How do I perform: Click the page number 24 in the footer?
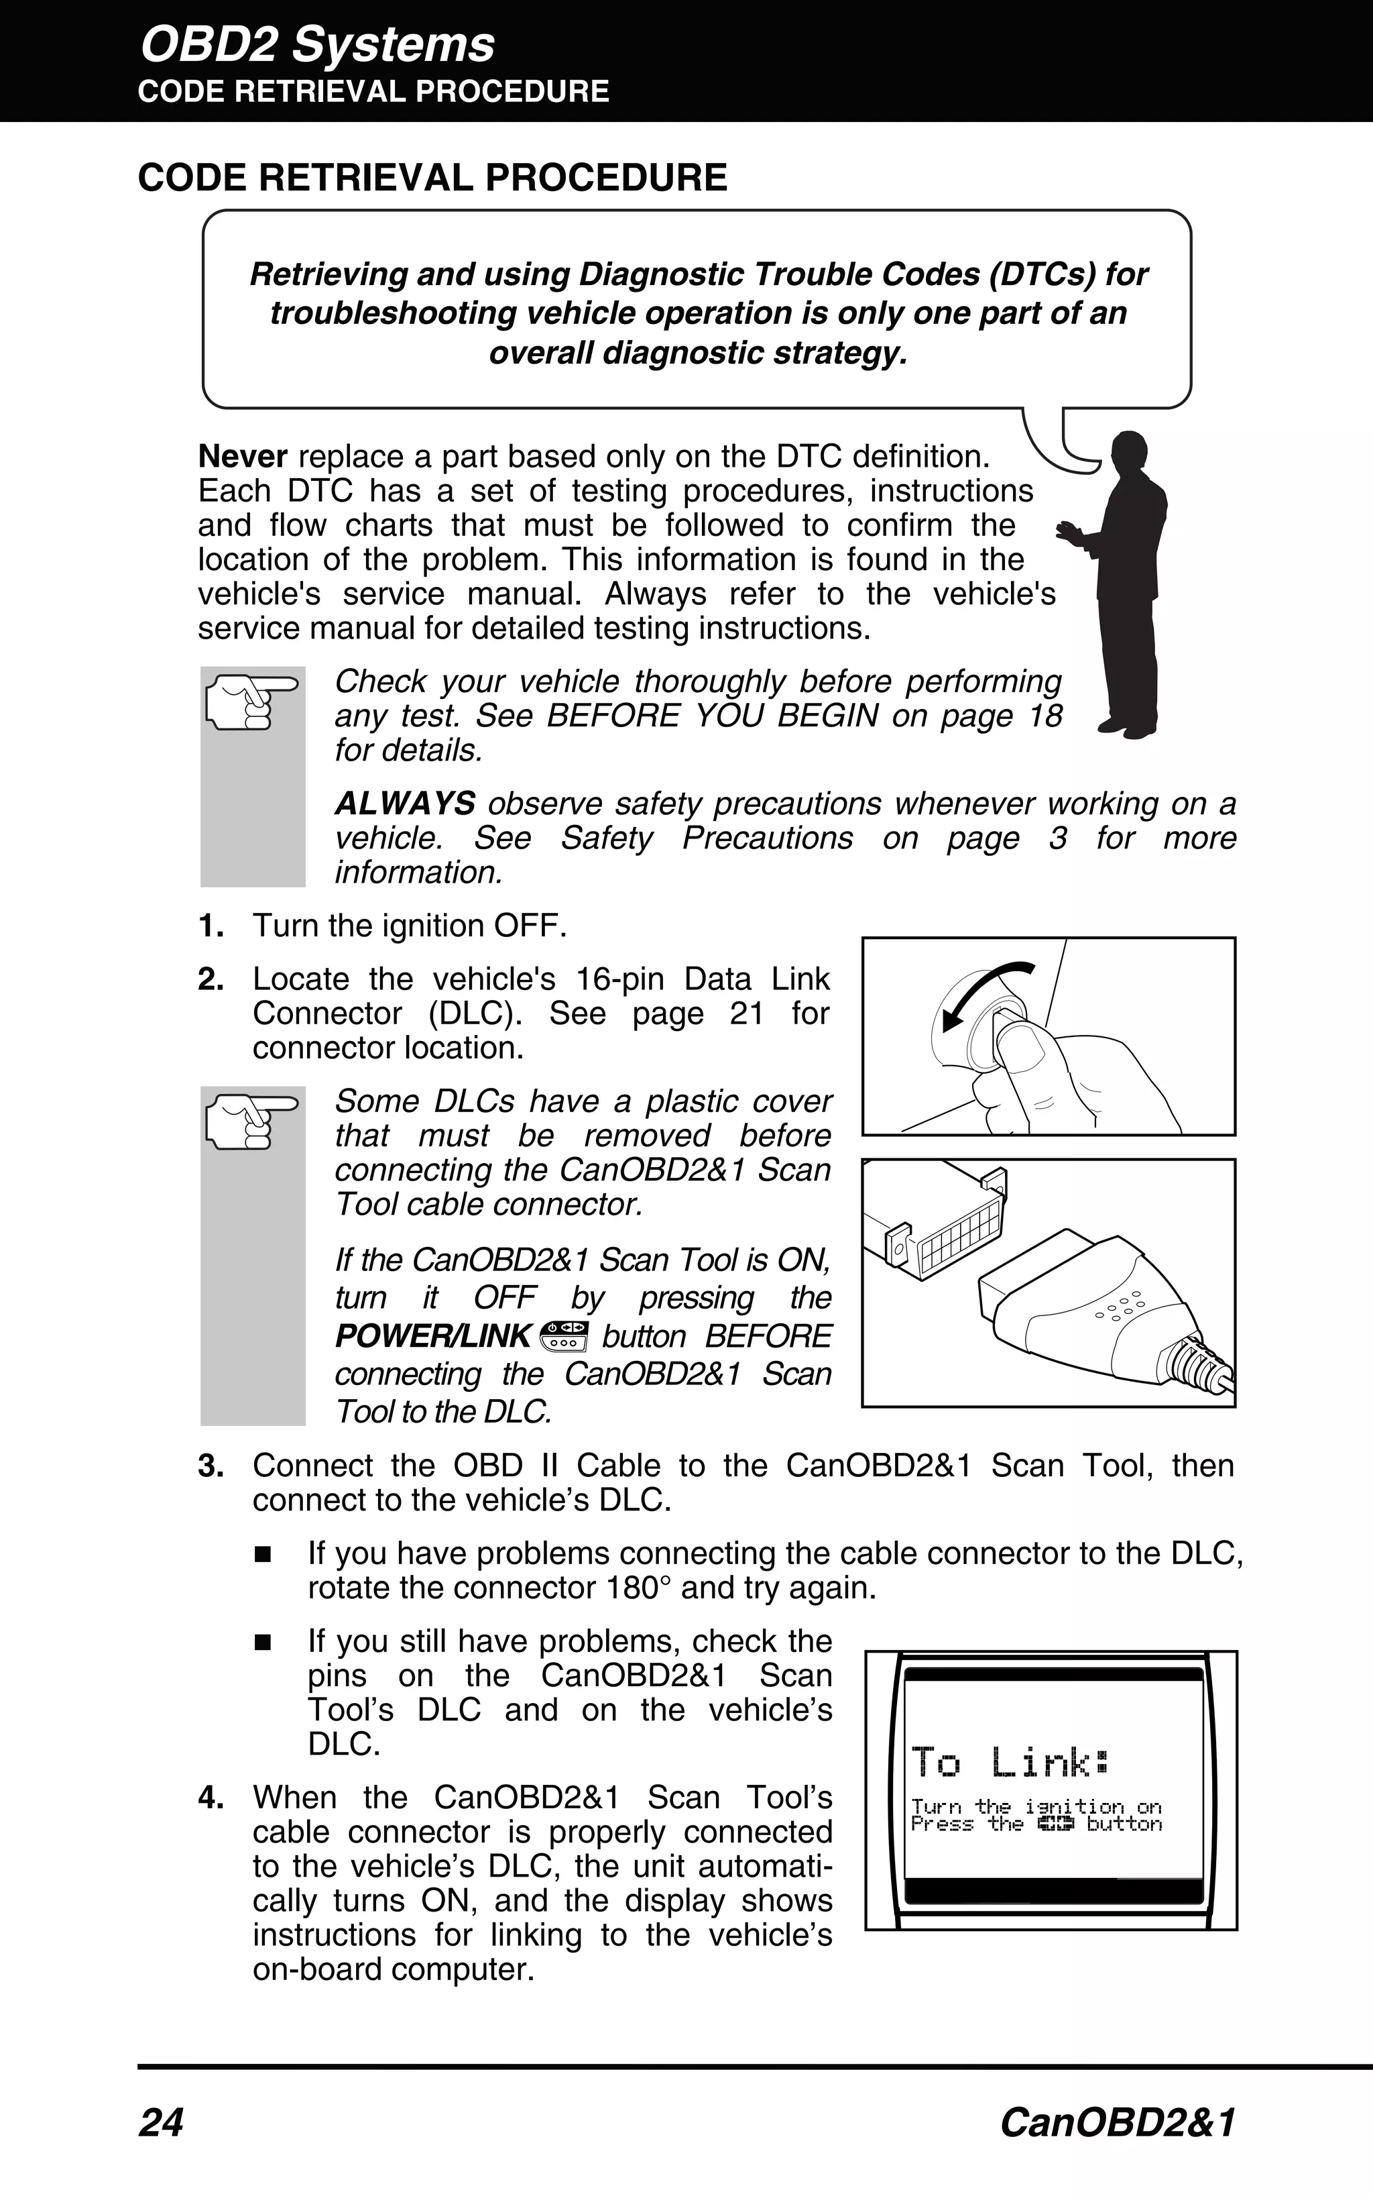click(161, 2124)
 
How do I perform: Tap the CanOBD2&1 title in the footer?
click(1117, 2124)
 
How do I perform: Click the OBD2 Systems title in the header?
click(317, 44)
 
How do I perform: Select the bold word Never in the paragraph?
click(243, 456)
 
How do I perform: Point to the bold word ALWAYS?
click(405, 804)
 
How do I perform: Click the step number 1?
click(211, 926)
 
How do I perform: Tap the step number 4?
click(211, 1798)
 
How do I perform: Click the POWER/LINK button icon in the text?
click(564, 1336)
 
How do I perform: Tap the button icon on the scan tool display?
click(1055, 1823)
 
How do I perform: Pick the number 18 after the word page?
click(1044, 716)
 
